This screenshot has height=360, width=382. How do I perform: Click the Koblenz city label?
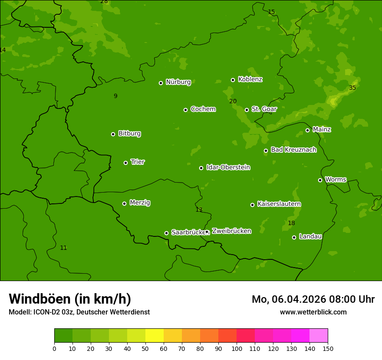250,79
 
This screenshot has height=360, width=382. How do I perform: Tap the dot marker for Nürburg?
161,83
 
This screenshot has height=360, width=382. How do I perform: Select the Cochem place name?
203,109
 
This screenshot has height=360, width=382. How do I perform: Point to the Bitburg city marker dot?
113,134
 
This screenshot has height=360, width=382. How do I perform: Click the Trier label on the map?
138,162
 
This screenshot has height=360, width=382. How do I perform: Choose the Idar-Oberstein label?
228,167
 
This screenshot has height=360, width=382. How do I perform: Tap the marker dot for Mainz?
307,130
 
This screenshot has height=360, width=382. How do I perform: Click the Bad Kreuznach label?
293,150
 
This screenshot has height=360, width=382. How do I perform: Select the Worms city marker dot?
320,180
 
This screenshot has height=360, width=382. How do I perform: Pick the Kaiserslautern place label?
279,204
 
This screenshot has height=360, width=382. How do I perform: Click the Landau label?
310,236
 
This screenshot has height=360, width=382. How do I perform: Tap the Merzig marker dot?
124,203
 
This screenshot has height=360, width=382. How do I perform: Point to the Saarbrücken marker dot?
166,233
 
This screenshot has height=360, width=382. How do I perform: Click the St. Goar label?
264,109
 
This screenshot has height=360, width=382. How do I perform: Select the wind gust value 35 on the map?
352,88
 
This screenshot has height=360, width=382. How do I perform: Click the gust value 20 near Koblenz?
233,101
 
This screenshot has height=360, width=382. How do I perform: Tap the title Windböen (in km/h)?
70,299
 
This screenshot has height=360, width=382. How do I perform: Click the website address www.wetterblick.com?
313,312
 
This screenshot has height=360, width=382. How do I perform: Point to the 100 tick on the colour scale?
237,348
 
